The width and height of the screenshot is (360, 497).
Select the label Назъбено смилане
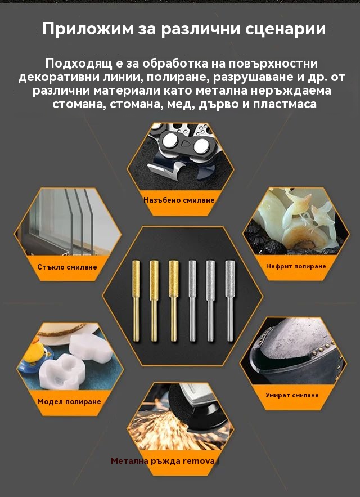click(179, 200)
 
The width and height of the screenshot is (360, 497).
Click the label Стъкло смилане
click(67, 267)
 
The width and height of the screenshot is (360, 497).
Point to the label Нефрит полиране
click(296, 266)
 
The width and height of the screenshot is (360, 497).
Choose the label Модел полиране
click(69, 401)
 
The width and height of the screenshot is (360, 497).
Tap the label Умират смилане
click(292, 395)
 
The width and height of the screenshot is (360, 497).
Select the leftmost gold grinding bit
click(136, 301)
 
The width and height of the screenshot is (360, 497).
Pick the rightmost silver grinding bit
click(230, 301)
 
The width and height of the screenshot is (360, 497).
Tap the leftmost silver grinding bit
click(192, 301)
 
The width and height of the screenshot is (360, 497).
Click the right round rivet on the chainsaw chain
click(201, 145)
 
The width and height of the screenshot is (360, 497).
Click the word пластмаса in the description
click(285, 104)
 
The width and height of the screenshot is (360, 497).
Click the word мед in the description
click(184, 104)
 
